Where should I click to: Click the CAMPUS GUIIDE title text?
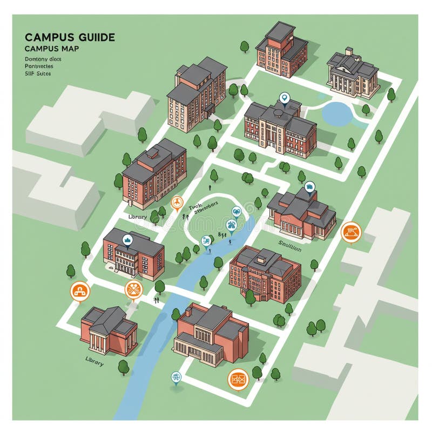coord(70,37)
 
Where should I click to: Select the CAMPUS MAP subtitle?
coord(51,49)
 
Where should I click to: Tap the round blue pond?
coord(337,113)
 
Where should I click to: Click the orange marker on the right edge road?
coord(351,232)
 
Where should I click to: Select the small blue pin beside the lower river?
coord(175,377)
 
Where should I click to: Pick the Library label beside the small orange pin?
coord(137,216)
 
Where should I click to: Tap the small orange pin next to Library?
coord(177,203)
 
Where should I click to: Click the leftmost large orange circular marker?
coord(80,291)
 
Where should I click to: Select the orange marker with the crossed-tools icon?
coord(133,289)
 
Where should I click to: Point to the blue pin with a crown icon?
coord(127,241)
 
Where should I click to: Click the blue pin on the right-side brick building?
coord(309,187)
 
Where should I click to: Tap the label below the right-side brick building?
coord(291,243)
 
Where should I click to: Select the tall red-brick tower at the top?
coord(281,49)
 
